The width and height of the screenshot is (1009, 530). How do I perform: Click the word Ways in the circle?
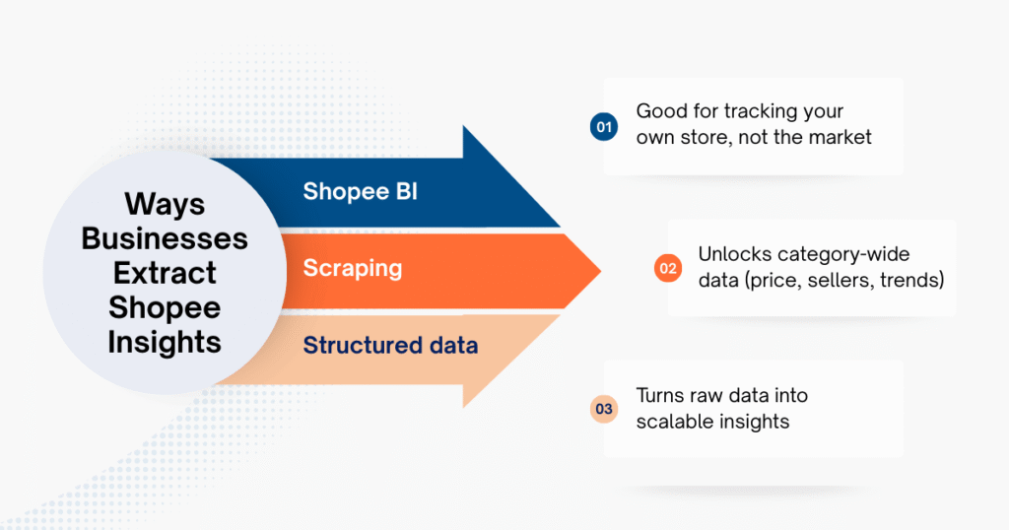[x=165, y=205]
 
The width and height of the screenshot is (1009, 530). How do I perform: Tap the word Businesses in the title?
[x=165, y=238]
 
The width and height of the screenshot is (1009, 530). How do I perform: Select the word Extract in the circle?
[x=165, y=273]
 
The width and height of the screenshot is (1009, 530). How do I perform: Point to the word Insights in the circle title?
[x=165, y=342]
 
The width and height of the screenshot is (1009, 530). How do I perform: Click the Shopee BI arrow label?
[x=360, y=191]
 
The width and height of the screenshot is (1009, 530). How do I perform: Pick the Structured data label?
[x=390, y=345]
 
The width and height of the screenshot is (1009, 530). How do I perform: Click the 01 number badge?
[x=603, y=126]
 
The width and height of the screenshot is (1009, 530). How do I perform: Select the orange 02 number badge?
[x=668, y=268]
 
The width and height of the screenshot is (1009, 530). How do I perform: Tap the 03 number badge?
[x=603, y=409]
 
